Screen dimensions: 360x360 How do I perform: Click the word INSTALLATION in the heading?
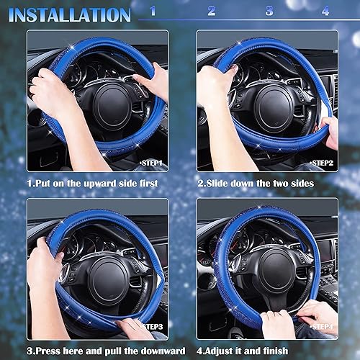[x=70, y=14]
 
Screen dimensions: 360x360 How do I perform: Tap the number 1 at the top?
[x=153, y=11]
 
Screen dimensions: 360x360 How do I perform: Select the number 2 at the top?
[x=211, y=11]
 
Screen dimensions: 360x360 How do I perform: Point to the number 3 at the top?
[x=269, y=11]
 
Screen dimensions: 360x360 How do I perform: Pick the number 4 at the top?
[x=325, y=11]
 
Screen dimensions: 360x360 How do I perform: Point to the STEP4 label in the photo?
[x=321, y=326]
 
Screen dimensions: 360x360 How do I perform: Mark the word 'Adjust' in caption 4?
[x=227, y=351]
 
